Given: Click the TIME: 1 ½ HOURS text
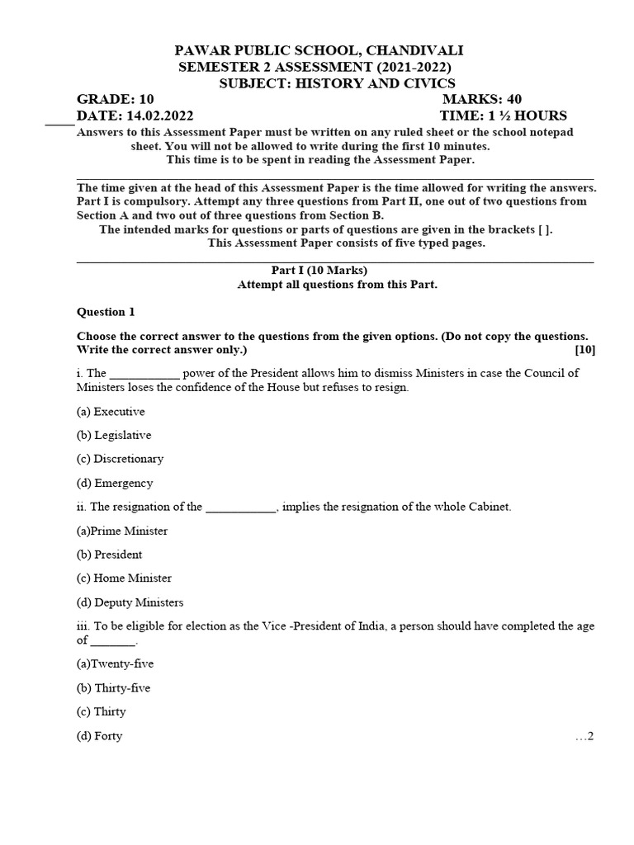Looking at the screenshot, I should (x=504, y=116).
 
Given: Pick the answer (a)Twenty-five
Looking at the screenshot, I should (x=115, y=663).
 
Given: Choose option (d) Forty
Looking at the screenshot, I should (x=99, y=736).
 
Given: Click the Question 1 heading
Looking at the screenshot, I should (x=105, y=312).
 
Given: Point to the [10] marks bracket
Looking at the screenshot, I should (x=585, y=349).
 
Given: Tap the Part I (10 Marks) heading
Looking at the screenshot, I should (x=319, y=270).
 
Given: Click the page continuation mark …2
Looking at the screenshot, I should (x=584, y=736).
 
